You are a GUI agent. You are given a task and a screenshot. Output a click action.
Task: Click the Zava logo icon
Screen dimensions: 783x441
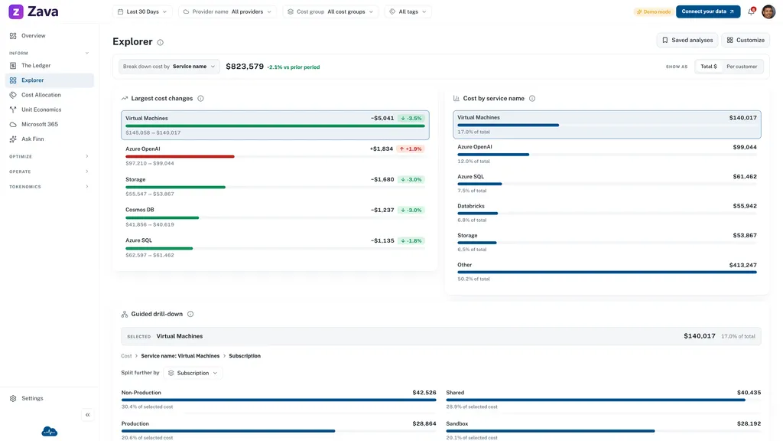tap(16, 11)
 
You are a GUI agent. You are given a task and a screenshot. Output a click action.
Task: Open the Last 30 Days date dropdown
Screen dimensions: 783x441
tap(142, 11)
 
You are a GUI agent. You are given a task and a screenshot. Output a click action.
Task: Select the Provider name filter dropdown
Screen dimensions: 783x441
tap(228, 11)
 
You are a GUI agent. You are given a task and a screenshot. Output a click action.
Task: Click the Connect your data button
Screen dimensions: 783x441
tap(707, 11)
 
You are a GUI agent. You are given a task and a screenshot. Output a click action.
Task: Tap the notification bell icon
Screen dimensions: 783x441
tap(751, 11)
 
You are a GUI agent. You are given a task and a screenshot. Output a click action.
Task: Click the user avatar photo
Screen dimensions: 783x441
tap(768, 11)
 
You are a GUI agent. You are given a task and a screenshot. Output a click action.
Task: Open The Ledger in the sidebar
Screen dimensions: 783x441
tap(35, 66)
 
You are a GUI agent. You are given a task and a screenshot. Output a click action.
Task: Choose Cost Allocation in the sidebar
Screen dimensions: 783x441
tap(41, 95)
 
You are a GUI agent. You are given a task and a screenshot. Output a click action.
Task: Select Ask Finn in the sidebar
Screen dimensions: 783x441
tap(32, 139)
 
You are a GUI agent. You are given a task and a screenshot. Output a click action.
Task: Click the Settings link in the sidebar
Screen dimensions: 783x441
tap(32, 398)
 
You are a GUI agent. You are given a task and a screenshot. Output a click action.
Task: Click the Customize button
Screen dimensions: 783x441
tap(746, 40)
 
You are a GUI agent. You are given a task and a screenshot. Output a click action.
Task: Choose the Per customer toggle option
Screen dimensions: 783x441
tap(742, 67)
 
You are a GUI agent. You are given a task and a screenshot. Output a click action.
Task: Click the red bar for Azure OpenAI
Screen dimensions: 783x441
tap(180, 156)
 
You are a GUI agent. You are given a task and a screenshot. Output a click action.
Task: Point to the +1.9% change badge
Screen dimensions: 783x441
tap(411, 149)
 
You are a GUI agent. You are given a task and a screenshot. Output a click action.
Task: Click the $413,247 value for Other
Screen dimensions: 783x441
tap(742, 265)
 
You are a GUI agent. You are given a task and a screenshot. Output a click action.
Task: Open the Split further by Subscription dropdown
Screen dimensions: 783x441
tap(193, 373)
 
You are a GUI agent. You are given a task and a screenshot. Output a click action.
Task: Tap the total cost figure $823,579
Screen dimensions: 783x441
tap(245, 67)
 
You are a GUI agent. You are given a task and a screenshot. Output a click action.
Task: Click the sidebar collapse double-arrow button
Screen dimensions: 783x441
tap(87, 415)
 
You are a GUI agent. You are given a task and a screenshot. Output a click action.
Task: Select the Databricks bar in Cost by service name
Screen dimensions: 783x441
tap(477, 214)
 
